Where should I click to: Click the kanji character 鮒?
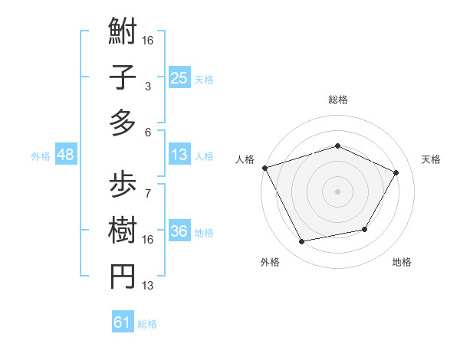[123, 34]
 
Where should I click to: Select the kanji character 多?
[123, 123]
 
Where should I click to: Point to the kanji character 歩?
[123, 184]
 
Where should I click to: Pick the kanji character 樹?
[123, 229]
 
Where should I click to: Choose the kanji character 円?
[123, 275]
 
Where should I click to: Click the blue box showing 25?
[179, 77]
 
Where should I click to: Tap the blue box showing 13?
[179, 155]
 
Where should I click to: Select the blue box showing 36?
[179, 231]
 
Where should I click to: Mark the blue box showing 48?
[65, 155]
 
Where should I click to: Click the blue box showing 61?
[123, 322]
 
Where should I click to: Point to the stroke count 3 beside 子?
[147, 87]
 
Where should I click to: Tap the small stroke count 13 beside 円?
[148, 286]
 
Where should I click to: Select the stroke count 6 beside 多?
[147, 132]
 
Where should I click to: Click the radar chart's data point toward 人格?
[264, 168]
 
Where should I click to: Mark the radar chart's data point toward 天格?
[396, 172]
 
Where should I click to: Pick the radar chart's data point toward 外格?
[302, 242]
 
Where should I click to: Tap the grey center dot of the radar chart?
[337, 191]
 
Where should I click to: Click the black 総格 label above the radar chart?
[337, 100]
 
